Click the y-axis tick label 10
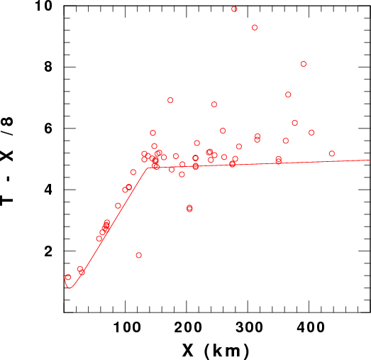point(44,6)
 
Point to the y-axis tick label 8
point(48,67)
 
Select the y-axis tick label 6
point(48,128)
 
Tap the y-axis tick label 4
point(48,190)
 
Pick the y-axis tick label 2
point(48,251)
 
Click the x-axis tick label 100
point(127,327)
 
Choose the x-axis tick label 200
point(188,327)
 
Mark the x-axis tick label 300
point(249,327)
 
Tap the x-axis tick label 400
point(311,327)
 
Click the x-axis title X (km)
point(216,351)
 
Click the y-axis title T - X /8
point(7,161)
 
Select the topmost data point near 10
point(234,9)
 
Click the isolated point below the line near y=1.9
point(139,255)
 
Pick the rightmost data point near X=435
point(332,153)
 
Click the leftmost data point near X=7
point(68,277)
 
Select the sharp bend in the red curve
point(148,168)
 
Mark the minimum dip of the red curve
point(70,288)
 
